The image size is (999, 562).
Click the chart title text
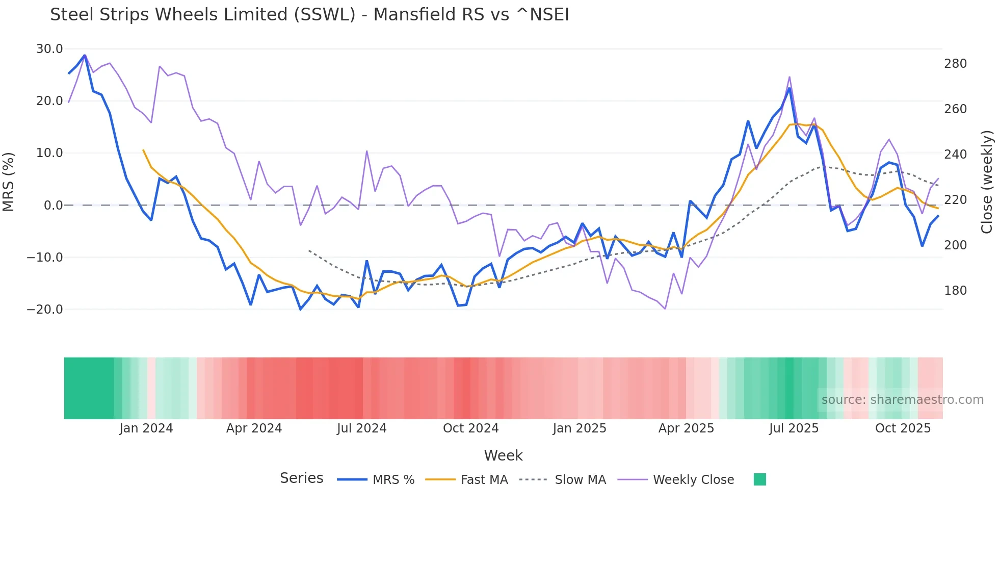[309, 15]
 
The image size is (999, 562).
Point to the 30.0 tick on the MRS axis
[49, 49]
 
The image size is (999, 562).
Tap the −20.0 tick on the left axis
[45, 310]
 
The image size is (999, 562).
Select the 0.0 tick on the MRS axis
[53, 206]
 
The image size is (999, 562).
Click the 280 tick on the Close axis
[955, 64]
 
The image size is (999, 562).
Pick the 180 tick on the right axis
[955, 291]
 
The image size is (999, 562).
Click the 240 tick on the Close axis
[955, 155]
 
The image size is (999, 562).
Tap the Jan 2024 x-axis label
[146, 428]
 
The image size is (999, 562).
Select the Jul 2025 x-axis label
[794, 428]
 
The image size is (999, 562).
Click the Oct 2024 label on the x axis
[470, 428]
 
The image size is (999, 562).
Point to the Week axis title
[503, 455]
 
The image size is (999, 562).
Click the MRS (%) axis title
[9, 182]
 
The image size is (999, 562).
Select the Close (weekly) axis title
[987, 182]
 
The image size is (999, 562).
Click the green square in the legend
[760, 479]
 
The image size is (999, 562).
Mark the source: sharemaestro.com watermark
[902, 400]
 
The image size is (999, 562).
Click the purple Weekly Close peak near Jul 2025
[790, 77]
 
